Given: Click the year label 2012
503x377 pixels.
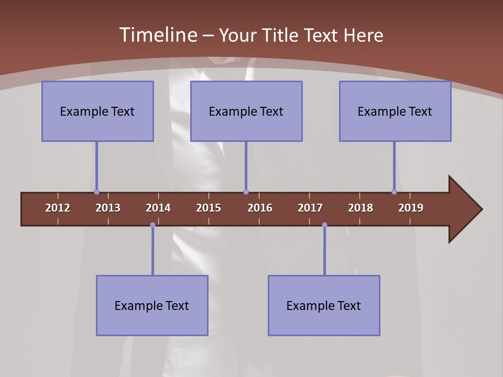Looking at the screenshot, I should pyautogui.click(x=58, y=208).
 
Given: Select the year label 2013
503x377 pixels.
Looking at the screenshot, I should pyautogui.click(x=108, y=208).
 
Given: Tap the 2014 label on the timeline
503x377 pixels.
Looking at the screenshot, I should pyautogui.click(x=158, y=208).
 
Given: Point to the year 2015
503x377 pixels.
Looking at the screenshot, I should pyautogui.click(x=209, y=208).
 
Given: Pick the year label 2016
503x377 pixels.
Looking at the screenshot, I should pyautogui.click(x=260, y=208).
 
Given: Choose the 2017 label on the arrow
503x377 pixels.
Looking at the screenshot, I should pyautogui.click(x=310, y=208).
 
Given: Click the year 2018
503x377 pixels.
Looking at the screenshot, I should pyautogui.click(x=360, y=208).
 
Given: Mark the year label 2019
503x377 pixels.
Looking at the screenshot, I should pyautogui.click(x=411, y=208).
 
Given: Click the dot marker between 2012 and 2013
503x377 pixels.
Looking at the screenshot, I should pyautogui.click(x=97, y=192).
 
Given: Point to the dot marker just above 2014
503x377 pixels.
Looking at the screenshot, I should pyautogui.click(x=152, y=225).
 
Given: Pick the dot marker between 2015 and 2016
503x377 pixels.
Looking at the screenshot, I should pyautogui.click(x=246, y=192).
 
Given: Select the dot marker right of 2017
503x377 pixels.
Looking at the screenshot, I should pyautogui.click(x=324, y=225).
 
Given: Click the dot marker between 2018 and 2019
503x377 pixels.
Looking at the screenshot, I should pyautogui.click(x=395, y=192).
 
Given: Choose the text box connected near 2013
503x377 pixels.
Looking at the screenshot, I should pyautogui.click(x=97, y=111).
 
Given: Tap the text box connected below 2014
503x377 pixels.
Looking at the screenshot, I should pyautogui.click(x=152, y=305).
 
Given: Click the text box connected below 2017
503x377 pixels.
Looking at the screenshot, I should pyautogui.click(x=324, y=305).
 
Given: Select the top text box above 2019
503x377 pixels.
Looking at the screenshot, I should pyautogui.click(x=395, y=111).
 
